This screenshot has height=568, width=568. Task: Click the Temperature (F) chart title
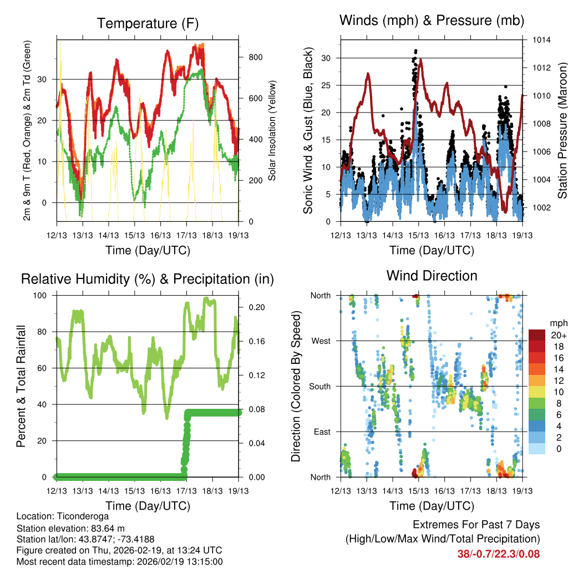pos(148,23)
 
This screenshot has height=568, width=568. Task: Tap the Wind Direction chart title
pos(432,276)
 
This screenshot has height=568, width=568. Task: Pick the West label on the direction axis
pos(321,341)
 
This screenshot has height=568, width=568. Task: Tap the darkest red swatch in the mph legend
pos(537,335)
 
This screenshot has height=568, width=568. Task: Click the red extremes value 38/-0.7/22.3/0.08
pos(498,554)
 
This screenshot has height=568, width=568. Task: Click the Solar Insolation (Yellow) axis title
pos(272,131)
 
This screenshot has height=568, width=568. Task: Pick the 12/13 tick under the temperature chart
pos(57,235)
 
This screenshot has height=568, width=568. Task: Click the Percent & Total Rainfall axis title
pos(21,386)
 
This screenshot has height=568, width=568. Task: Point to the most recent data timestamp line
pos(119,561)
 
